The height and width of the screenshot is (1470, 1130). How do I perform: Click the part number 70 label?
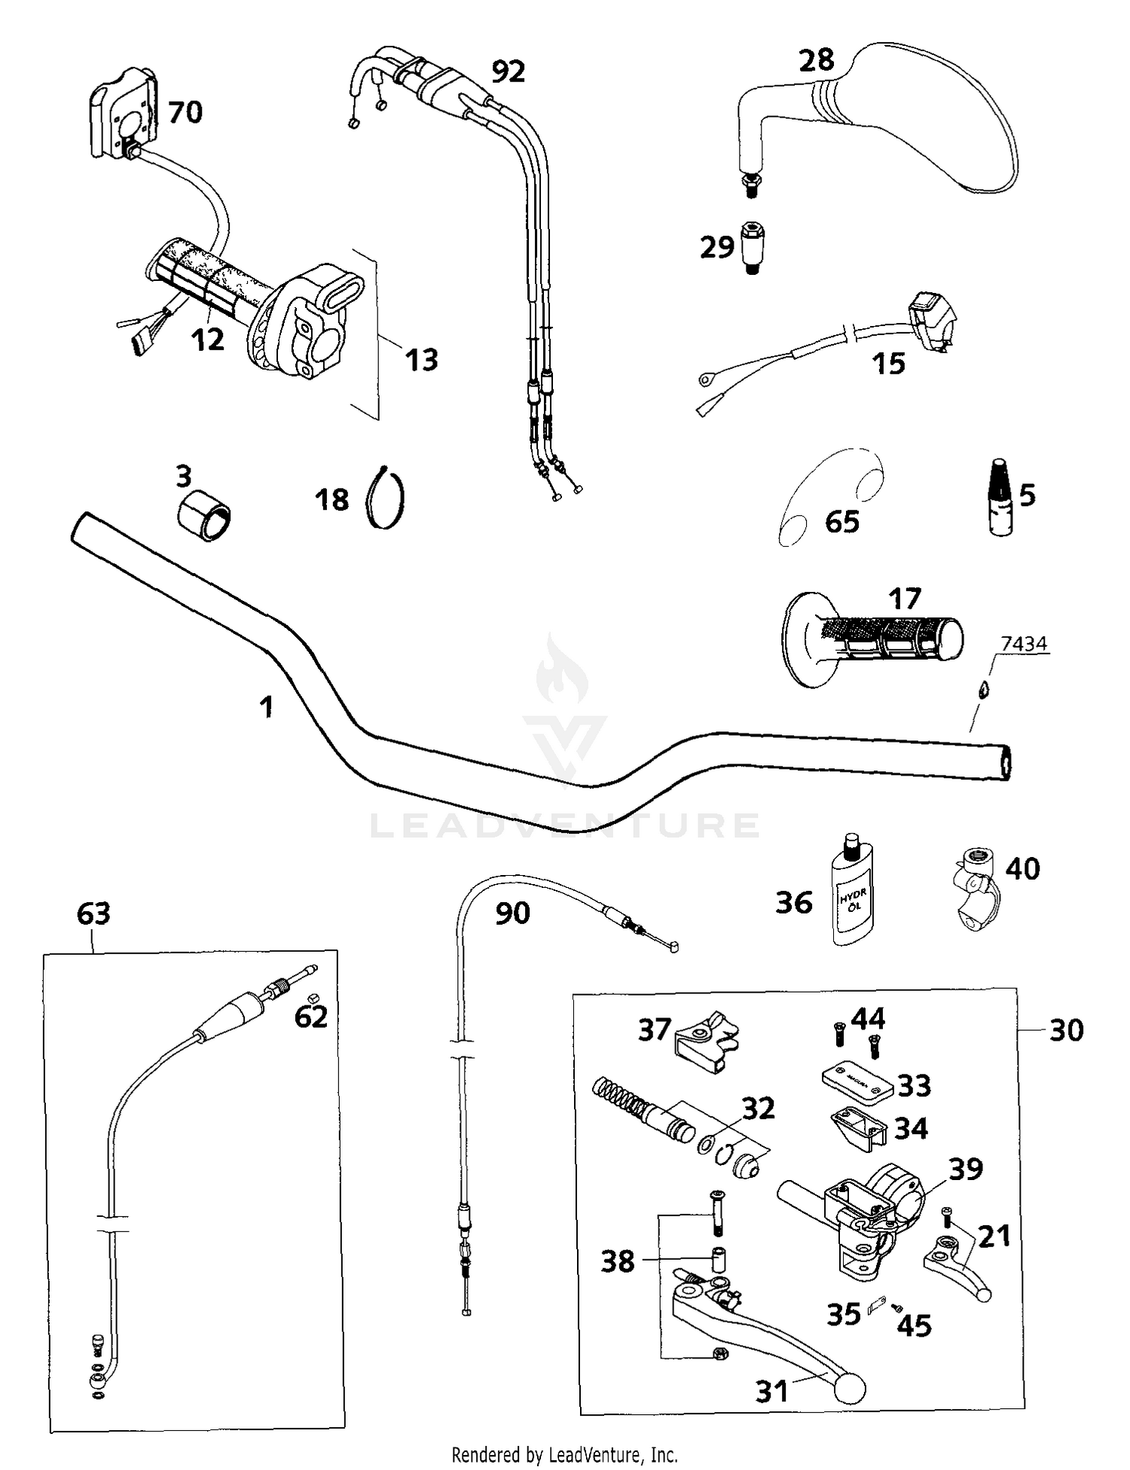click(x=185, y=112)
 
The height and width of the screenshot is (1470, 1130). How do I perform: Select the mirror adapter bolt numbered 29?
click(x=750, y=246)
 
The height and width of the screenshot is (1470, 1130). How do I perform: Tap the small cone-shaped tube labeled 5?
click(x=1000, y=507)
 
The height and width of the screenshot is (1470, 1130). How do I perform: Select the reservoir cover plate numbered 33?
click(x=857, y=1081)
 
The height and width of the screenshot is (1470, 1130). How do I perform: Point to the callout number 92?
click(x=508, y=72)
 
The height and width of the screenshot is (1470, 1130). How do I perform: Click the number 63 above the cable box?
click(x=93, y=913)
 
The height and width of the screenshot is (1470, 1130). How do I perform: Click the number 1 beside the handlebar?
click(x=266, y=706)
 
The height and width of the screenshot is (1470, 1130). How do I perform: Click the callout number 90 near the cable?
click(x=512, y=913)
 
